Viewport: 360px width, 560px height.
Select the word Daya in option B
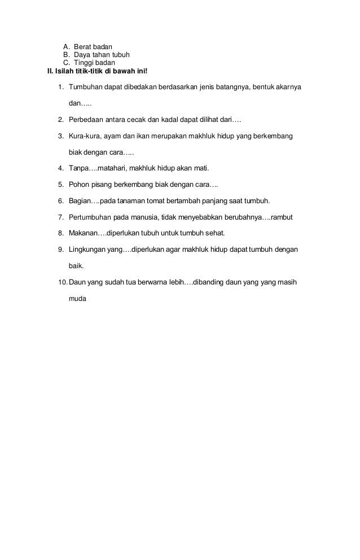83,55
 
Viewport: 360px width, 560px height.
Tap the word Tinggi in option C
85,63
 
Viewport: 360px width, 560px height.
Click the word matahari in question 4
112,168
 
